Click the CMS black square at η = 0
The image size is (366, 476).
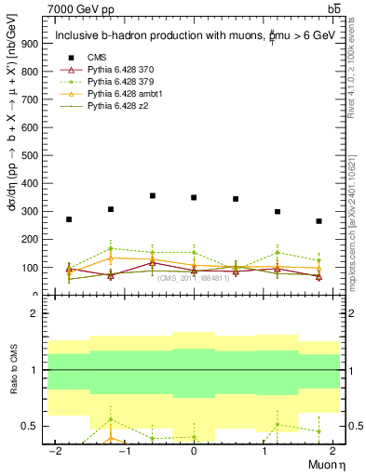(194, 197)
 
